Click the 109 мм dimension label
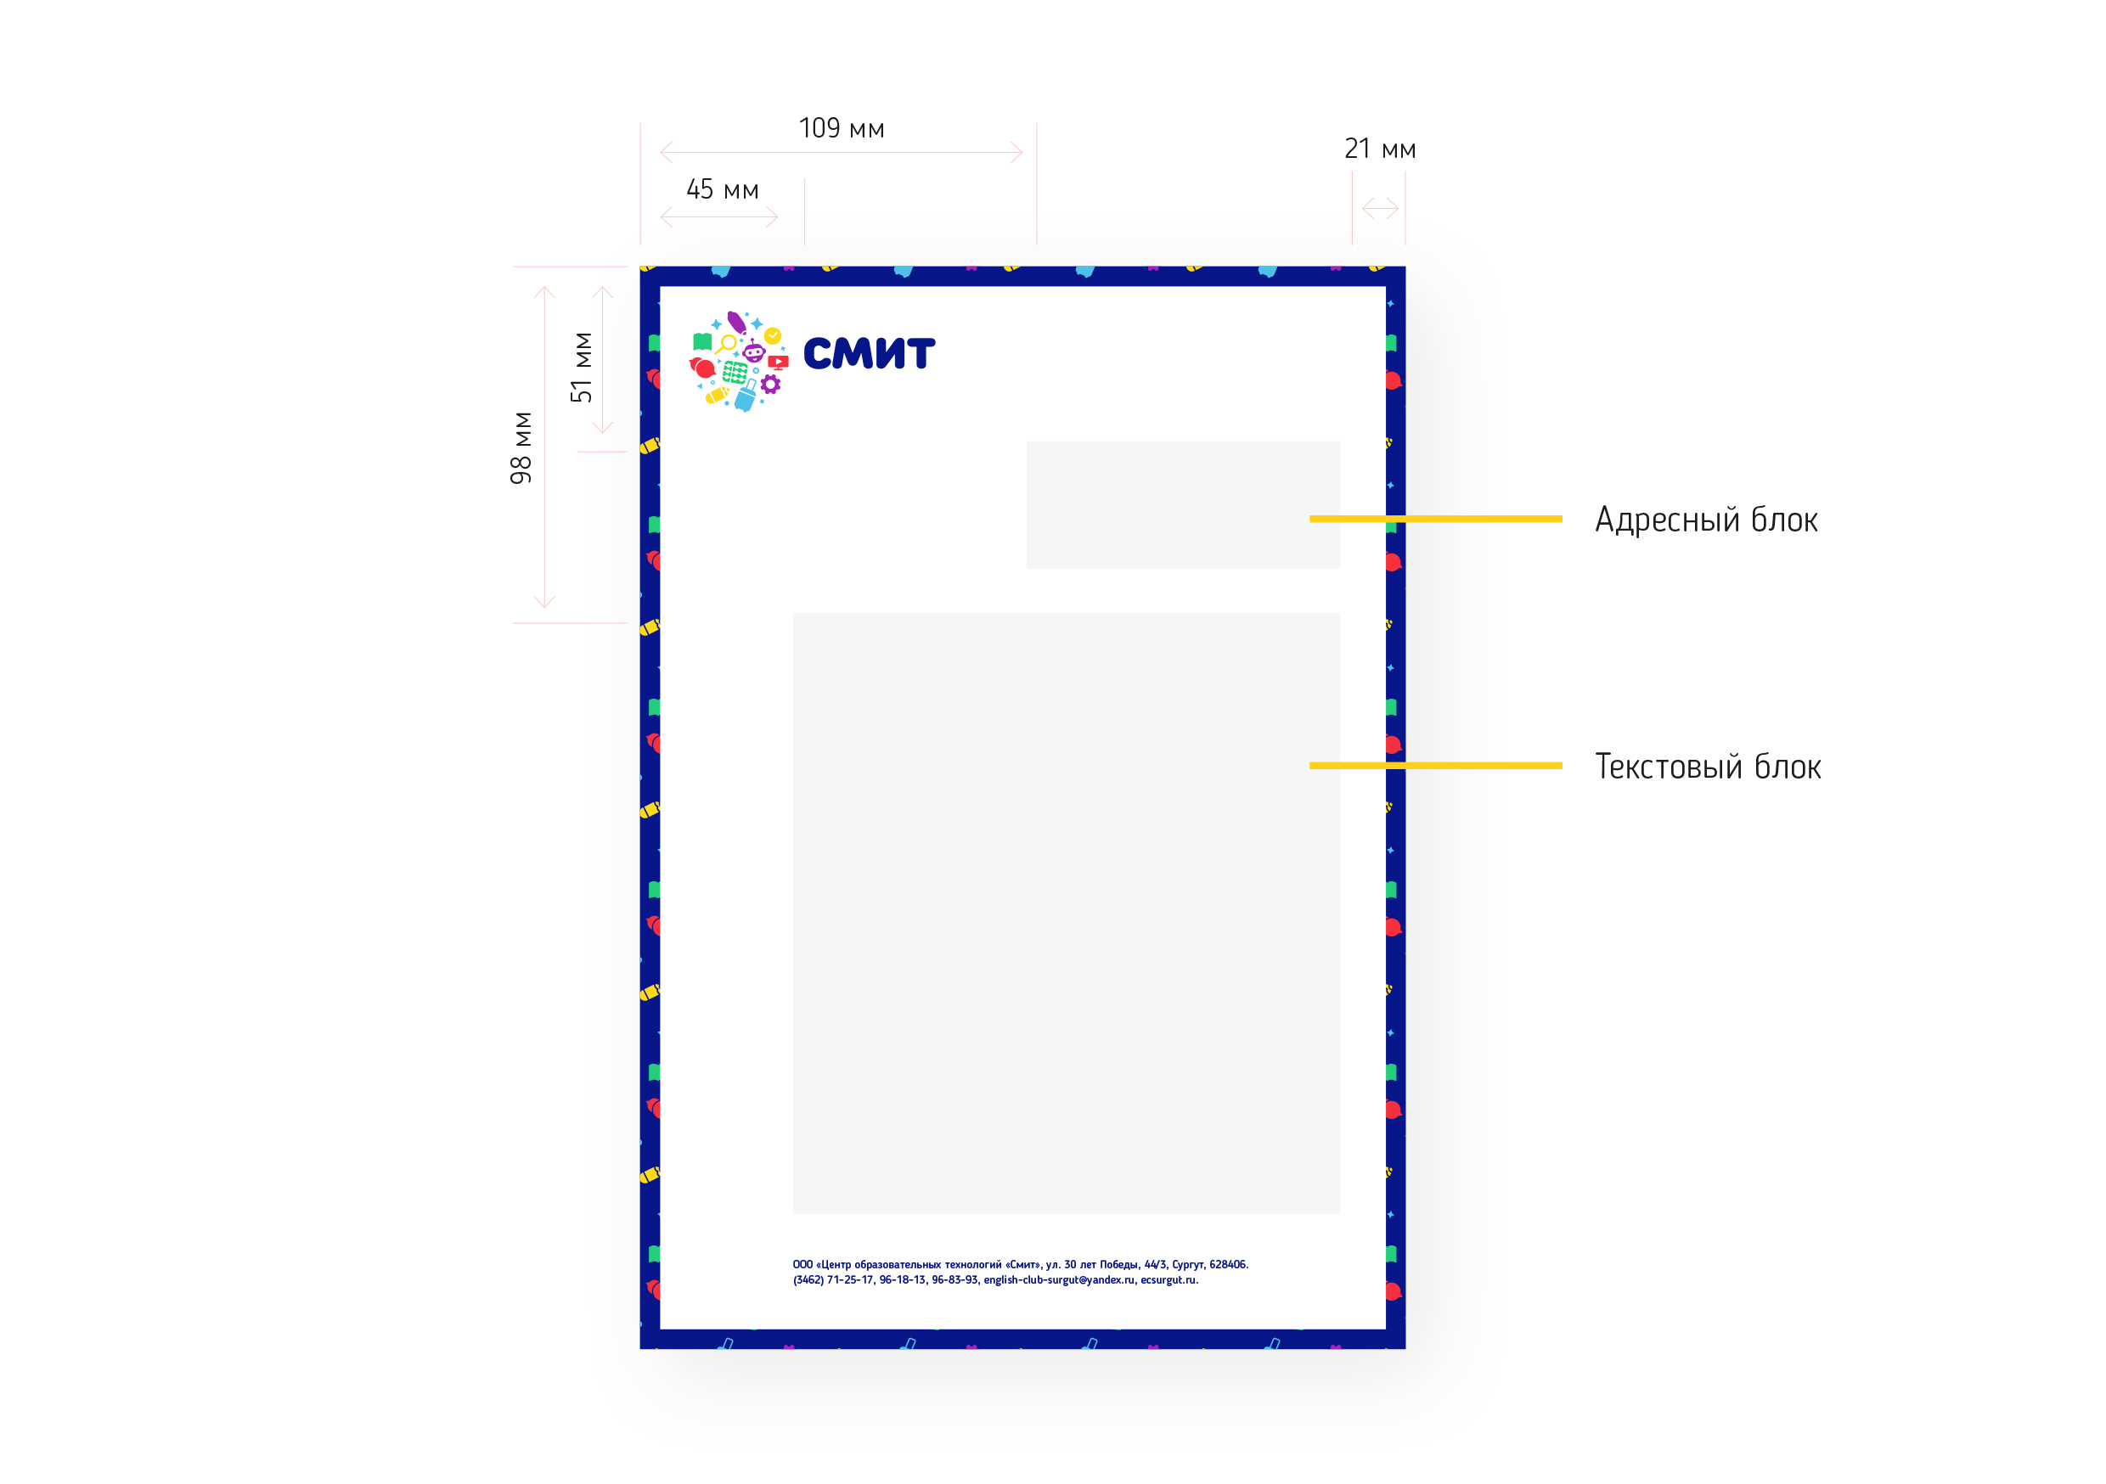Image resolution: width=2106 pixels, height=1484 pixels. (841, 128)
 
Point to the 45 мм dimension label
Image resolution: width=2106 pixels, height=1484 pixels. (723, 190)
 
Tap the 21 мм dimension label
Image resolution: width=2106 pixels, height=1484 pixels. (1380, 149)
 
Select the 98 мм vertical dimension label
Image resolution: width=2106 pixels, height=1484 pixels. (521, 447)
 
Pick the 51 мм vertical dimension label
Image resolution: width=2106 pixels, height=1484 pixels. (582, 367)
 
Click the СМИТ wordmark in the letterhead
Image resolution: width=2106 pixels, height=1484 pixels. (869, 353)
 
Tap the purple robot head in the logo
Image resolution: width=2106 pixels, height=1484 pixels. (754, 352)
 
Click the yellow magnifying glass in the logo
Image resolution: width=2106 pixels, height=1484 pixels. (726, 345)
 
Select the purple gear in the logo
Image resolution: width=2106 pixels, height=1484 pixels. (770, 385)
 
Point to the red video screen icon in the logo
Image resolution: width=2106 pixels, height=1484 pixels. (778, 363)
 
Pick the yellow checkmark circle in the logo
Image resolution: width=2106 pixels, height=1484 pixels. (774, 335)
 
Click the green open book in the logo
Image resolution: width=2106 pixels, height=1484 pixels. (702, 342)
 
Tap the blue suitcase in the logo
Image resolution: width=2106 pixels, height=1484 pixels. (746, 396)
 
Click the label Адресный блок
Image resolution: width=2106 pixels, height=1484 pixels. (1706, 520)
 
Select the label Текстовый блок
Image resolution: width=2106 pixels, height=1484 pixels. (1708, 767)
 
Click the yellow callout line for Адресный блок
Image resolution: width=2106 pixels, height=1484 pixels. (1435, 519)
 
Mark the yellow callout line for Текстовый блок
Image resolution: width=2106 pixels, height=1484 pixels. (1435, 765)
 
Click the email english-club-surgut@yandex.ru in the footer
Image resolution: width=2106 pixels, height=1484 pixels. (1060, 1279)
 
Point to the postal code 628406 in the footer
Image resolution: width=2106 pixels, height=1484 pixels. (1228, 1264)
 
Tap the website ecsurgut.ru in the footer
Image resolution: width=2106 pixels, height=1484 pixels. (1169, 1279)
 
